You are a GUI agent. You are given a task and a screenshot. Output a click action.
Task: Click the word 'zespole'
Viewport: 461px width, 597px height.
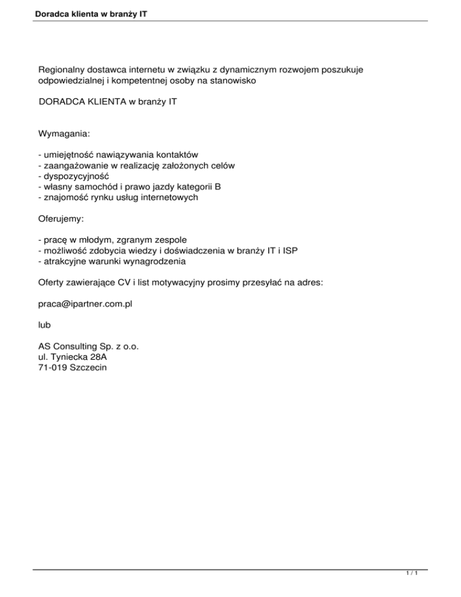[x=172, y=240]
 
